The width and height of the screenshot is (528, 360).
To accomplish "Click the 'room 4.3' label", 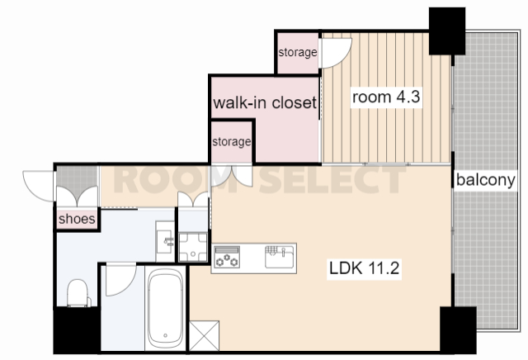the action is [x=386, y=97].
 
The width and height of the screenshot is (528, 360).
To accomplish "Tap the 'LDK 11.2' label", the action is [x=364, y=268].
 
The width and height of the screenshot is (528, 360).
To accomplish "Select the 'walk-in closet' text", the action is [x=265, y=102].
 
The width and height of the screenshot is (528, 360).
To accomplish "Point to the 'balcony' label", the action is [x=486, y=180].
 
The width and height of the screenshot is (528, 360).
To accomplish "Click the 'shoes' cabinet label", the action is [x=77, y=219].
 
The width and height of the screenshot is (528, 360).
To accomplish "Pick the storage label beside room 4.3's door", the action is [x=298, y=52].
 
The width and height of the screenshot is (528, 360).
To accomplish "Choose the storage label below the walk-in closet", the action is [x=232, y=141].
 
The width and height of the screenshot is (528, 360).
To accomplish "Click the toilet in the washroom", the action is [x=78, y=293].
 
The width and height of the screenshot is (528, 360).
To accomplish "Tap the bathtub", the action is [x=166, y=309].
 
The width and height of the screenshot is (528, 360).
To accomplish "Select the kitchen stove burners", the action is [x=227, y=257].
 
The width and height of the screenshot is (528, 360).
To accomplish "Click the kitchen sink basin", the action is [x=279, y=257].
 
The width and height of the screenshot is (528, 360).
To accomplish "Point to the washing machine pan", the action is [x=193, y=247].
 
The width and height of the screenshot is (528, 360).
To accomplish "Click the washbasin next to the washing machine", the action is [x=165, y=240].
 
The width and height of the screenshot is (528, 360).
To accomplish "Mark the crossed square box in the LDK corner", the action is [x=204, y=336].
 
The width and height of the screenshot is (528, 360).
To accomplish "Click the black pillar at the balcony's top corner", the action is [x=447, y=31].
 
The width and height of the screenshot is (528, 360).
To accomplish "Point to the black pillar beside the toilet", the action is [x=77, y=330].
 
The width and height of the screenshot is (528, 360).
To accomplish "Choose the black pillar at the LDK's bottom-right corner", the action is [x=458, y=330].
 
